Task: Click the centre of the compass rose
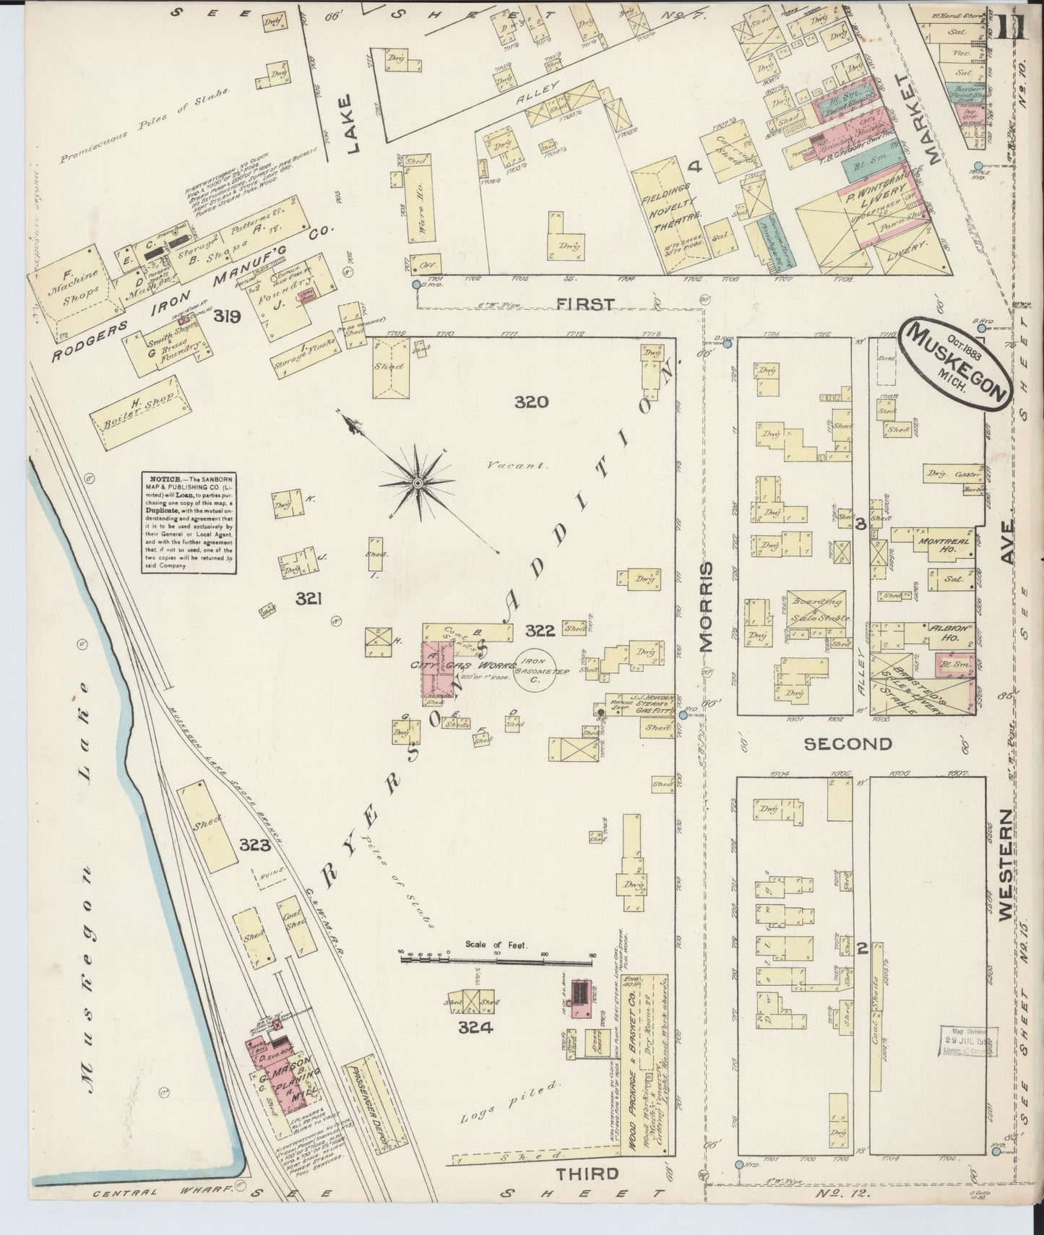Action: pos(418,482)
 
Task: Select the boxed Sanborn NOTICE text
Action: pos(190,524)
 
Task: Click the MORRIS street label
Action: pos(706,607)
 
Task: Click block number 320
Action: pos(532,402)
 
